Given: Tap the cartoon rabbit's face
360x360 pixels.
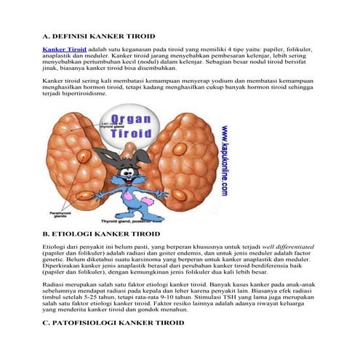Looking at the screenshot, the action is (132, 179).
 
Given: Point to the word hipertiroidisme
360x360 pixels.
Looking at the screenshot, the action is (84, 95).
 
